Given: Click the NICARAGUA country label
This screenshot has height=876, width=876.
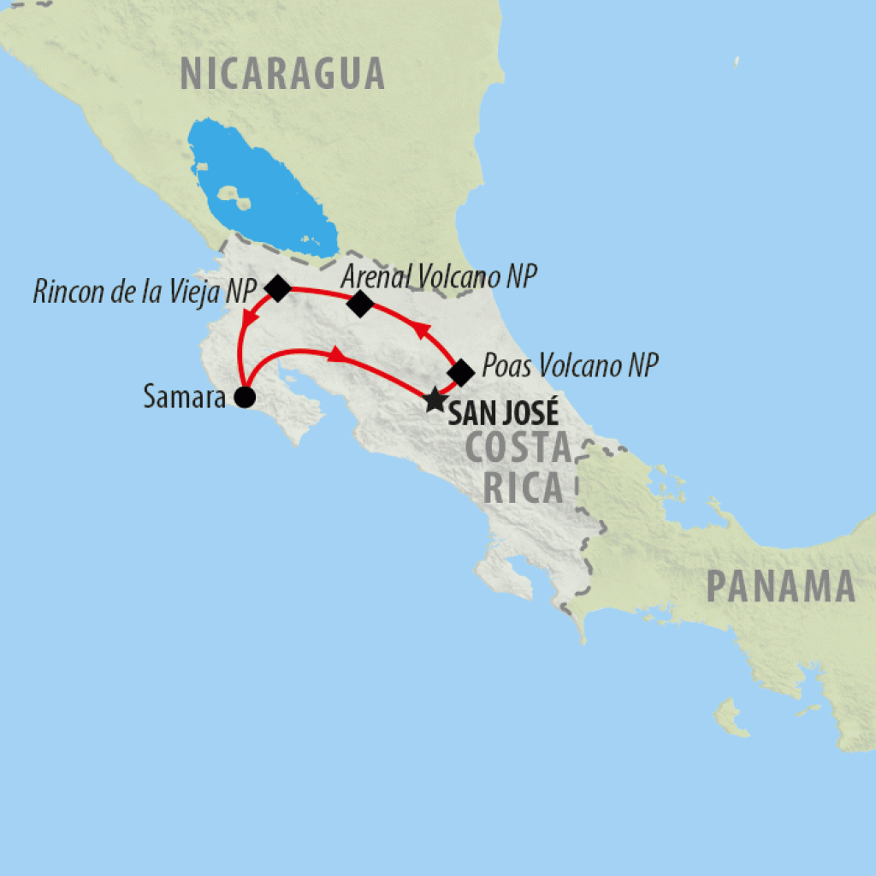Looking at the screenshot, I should tap(282, 74).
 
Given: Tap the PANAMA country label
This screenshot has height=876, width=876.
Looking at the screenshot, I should tap(780, 587).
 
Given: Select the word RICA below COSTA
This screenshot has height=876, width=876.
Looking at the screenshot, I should tap(524, 488).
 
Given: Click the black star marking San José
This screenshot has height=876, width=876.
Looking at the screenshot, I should tap(435, 399).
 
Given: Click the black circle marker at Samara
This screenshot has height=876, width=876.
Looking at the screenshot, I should tap(245, 397).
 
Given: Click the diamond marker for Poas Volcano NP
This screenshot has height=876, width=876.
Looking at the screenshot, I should tap(461, 372).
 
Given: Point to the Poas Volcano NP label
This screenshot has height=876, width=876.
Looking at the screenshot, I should tap(571, 367).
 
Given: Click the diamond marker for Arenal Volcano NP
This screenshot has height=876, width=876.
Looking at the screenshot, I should tap(361, 303).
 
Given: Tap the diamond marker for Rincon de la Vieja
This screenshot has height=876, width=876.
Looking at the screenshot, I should tap(277, 288).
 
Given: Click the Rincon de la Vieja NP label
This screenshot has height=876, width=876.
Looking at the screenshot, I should tap(145, 291).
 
